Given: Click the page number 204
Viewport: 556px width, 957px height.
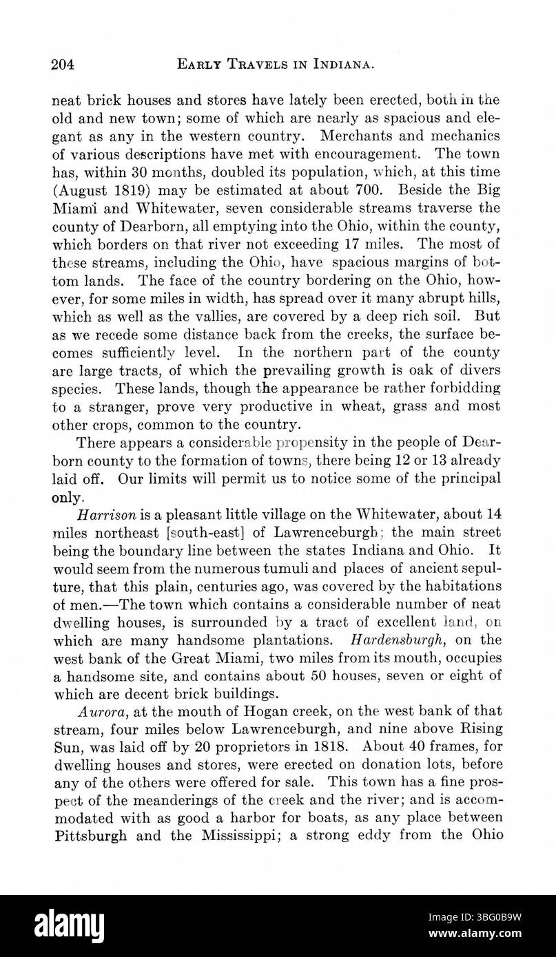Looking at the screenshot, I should pyautogui.click(x=62, y=65).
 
